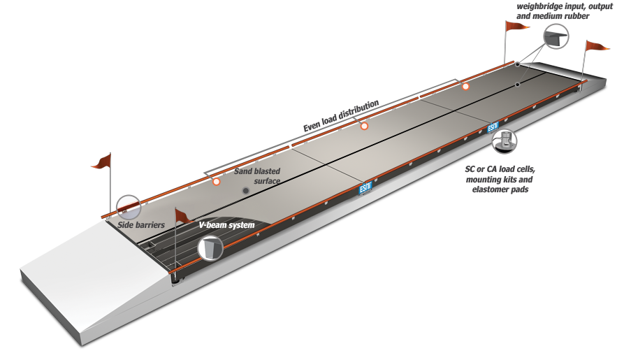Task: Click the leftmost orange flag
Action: point(102,161)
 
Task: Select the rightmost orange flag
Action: point(597,45)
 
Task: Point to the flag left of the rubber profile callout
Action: point(516,26)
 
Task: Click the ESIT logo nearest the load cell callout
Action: point(493,127)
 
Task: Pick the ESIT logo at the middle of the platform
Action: point(365,189)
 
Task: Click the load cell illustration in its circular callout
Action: point(505,141)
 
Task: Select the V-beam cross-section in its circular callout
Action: point(210,248)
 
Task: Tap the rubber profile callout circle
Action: point(556,36)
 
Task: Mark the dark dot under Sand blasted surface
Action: point(246,191)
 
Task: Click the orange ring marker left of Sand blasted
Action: point(216,181)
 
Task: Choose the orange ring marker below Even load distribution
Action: point(364,126)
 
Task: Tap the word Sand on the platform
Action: point(242,171)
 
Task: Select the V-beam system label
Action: point(226,225)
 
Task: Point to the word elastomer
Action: point(490,189)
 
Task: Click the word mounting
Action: point(483,180)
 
